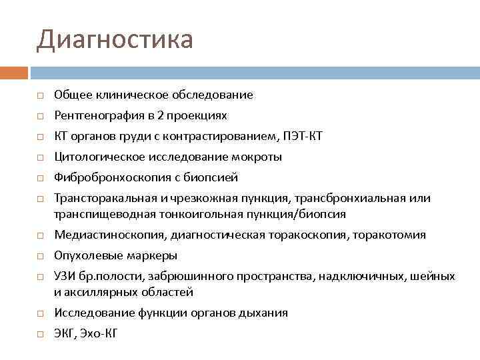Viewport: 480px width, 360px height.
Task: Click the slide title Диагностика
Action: coord(114,39)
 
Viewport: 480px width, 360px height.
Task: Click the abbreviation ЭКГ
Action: coord(64,333)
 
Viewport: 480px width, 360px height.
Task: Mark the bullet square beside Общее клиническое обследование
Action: coord(41,95)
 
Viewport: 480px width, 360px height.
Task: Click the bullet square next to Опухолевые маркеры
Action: coord(41,256)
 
